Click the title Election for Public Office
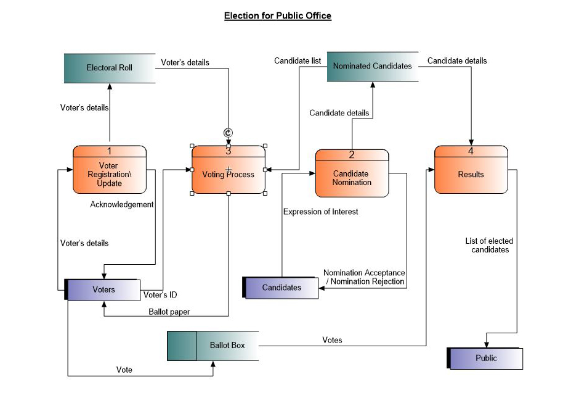(277, 16)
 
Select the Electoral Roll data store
(110, 68)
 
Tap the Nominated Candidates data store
(372, 65)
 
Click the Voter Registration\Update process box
(110, 174)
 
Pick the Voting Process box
(228, 175)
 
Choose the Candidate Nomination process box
(352, 178)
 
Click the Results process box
(471, 175)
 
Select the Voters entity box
(103, 289)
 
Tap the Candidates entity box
(281, 288)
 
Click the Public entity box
(486, 358)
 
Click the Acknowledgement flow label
(122, 204)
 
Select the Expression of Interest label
(320, 212)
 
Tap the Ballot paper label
(169, 312)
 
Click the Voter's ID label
(160, 295)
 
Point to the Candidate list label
(298, 60)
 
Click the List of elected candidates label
(489, 245)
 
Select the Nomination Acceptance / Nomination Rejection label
(364, 277)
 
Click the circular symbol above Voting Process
(228, 133)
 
